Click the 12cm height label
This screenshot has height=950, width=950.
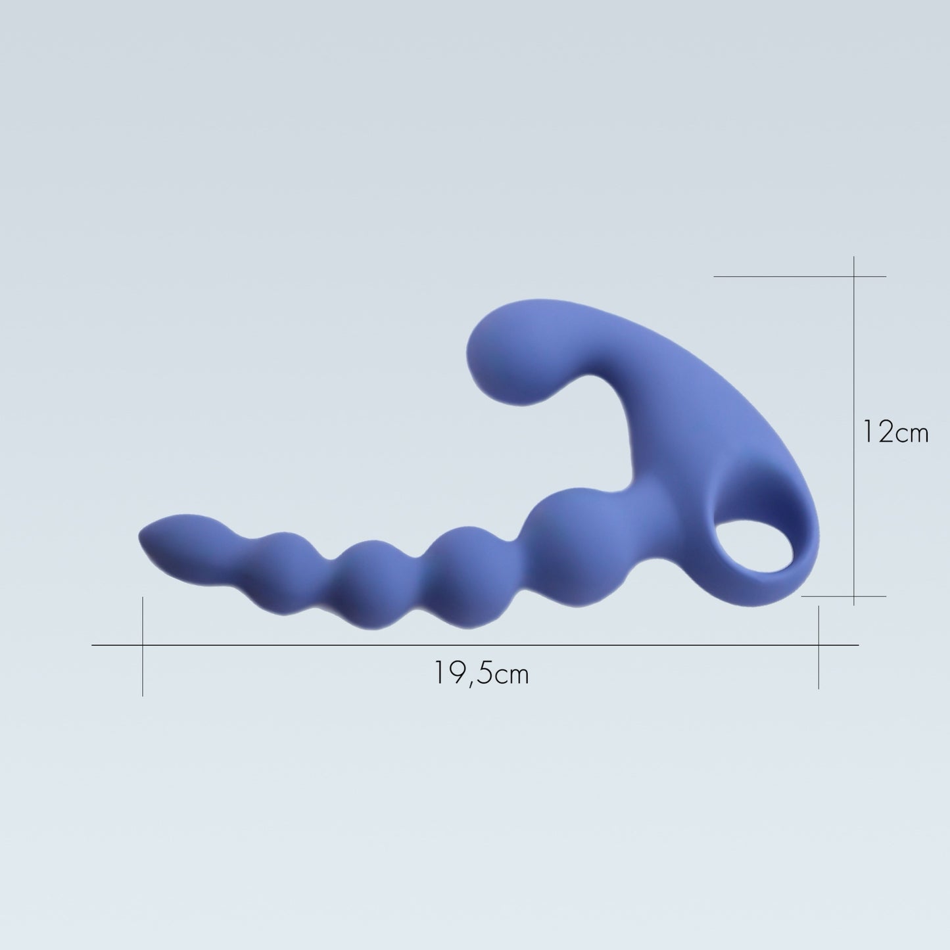tap(895, 433)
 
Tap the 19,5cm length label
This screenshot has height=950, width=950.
tap(481, 673)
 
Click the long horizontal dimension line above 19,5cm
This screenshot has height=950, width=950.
tap(329, 645)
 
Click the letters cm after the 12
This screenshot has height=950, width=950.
tap(911, 434)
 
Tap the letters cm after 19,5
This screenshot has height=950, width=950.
tap(511, 675)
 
